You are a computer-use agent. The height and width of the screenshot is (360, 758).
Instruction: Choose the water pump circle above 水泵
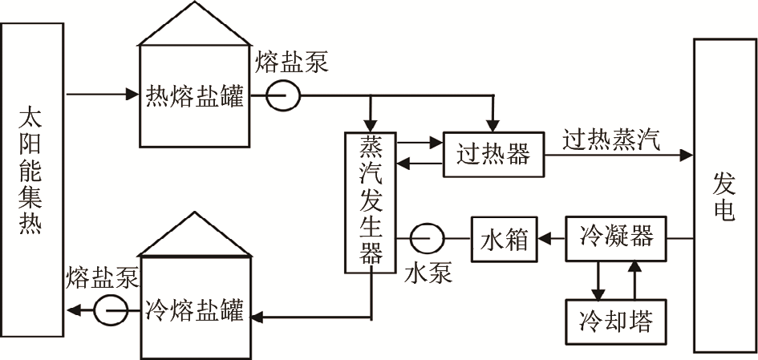click(424, 238)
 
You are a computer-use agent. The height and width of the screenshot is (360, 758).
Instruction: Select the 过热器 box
click(492, 153)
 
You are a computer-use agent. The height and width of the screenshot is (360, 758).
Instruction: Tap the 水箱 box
click(505, 239)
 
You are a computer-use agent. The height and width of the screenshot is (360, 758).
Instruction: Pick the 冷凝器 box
click(616, 238)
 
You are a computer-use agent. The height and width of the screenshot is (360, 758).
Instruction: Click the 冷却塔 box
click(616, 322)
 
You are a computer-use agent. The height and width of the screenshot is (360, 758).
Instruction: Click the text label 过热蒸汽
click(611, 141)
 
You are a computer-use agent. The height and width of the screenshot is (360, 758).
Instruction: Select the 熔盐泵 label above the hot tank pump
click(292, 63)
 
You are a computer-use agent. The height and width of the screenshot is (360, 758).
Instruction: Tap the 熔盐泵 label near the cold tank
click(100, 278)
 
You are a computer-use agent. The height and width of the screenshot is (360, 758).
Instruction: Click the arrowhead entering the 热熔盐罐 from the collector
click(134, 95)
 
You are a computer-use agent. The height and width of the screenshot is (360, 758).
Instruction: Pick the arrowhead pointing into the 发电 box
click(687, 153)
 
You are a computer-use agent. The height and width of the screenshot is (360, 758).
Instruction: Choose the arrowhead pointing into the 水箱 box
click(544, 238)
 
